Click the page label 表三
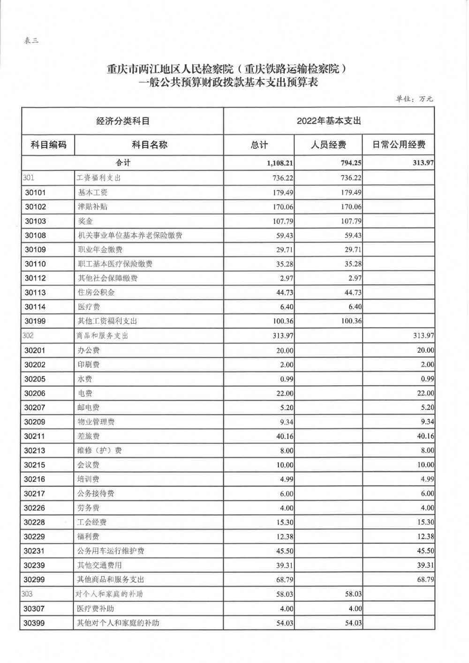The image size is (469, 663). coord(31,41)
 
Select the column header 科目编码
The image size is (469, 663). coord(48,145)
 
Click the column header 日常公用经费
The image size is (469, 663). coord(399,145)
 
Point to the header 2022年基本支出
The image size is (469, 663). coord(329,121)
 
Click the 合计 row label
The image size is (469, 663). coord(123,163)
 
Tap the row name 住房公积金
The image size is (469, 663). coord(96,293)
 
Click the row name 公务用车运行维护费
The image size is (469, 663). coord(111,551)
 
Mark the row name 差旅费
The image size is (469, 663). coord(89,436)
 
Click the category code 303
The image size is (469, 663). coord(27,594)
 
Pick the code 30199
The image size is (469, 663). coord(36,321)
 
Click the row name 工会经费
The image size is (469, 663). coord(92,522)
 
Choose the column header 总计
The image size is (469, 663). coord(259,145)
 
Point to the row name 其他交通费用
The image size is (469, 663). coord(99,565)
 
